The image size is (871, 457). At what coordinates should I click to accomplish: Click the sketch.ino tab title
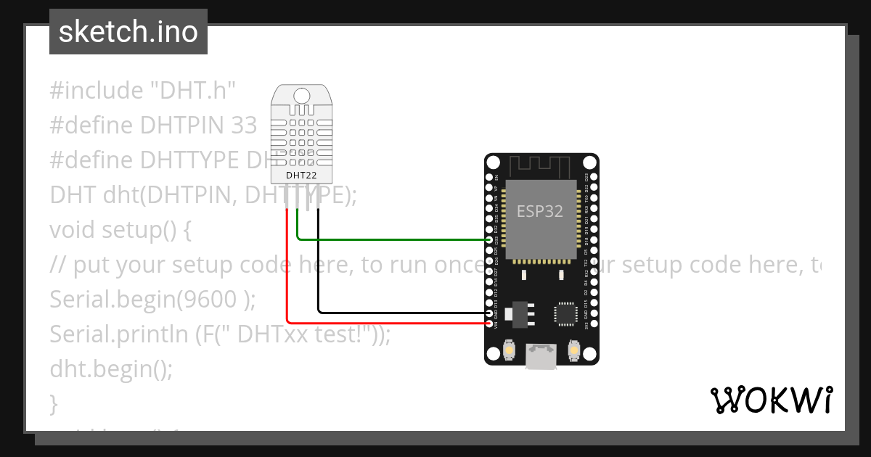[x=128, y=32]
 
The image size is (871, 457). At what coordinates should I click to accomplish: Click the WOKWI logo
[x=772, y=400]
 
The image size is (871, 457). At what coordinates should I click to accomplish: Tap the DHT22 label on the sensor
[x=301, y=175]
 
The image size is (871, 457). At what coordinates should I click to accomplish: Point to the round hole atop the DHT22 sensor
[x=301, y=94]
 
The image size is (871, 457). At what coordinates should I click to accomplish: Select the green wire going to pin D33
[x=392, y=239]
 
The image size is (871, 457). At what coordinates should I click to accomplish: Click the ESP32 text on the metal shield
[x=540, y=211]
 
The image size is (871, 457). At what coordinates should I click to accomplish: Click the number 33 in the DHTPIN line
[x=244, y=125]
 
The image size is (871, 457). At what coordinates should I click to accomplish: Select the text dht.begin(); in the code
[x=111, y=369]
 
